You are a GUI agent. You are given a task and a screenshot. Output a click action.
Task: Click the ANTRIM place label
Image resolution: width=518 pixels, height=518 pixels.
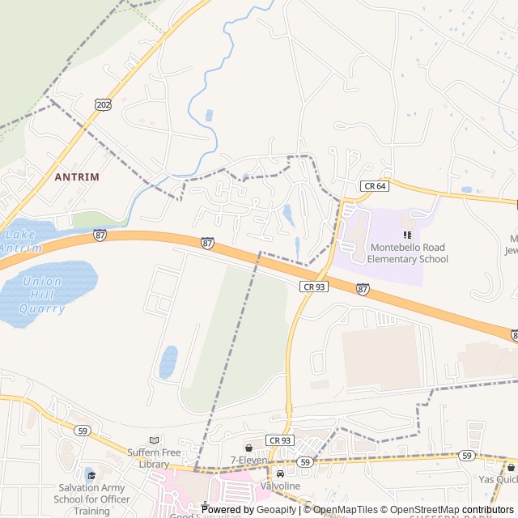pyautogui.click(x=77, y=176)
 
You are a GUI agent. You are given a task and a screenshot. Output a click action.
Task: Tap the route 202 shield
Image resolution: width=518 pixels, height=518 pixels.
pyautogui.click(x=103, y=104)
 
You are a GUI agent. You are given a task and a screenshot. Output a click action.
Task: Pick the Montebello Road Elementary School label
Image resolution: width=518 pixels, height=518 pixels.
pyautogui.click(x=407, y=253)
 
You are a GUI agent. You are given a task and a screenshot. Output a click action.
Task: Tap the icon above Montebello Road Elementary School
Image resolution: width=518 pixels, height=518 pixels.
pyautogui.click(x=407, y=235)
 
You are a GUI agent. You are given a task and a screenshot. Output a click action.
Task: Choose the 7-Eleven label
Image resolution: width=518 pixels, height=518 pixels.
pyautogui.click(x=248, y=460)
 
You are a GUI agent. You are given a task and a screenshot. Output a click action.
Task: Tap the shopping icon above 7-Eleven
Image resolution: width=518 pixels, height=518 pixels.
pyautogui.click(x=248, y=447)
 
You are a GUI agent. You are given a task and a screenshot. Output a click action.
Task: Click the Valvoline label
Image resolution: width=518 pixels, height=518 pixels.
pyautogui.click(x=280, y=486)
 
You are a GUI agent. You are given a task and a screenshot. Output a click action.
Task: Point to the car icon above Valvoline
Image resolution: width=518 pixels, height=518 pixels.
pyautogui.click(x=280, y=473)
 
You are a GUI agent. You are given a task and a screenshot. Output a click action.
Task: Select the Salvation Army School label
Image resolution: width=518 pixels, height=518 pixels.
pyautogui.click(x=90, y=499)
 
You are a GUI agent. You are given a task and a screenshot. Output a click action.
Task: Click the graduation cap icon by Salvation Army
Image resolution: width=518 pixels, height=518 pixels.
pyautogui.click(x=90, y=475)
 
